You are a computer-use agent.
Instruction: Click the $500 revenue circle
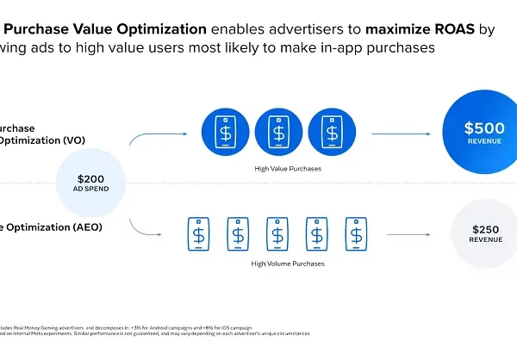coord(478,133)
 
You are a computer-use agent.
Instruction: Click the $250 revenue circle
coord(485,233)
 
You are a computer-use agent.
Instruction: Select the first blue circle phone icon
coord(227,133)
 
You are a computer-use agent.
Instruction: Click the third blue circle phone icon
coord(332,133)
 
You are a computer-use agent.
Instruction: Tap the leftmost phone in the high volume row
coord(199,233)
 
